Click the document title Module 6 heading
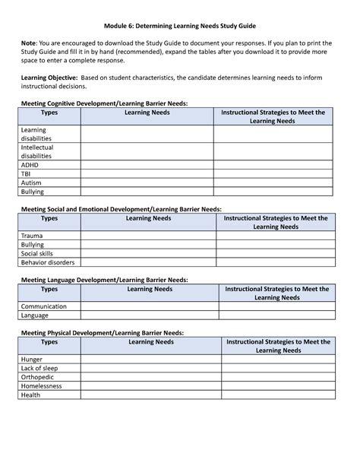pos(179,23)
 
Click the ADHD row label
pos(30,163)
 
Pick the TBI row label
pos(27,173)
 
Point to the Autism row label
pos(32,183)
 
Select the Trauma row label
pos(33,236)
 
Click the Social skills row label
pos(38,253)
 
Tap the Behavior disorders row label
pos(48,262)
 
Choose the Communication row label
pos(44,306)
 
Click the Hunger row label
pos(32,359)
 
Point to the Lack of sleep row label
pos(39,368)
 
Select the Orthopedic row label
pos(39,377)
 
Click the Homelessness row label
pos(43,386)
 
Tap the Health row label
pos(31,395)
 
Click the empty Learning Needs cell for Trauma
pos(148,236)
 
